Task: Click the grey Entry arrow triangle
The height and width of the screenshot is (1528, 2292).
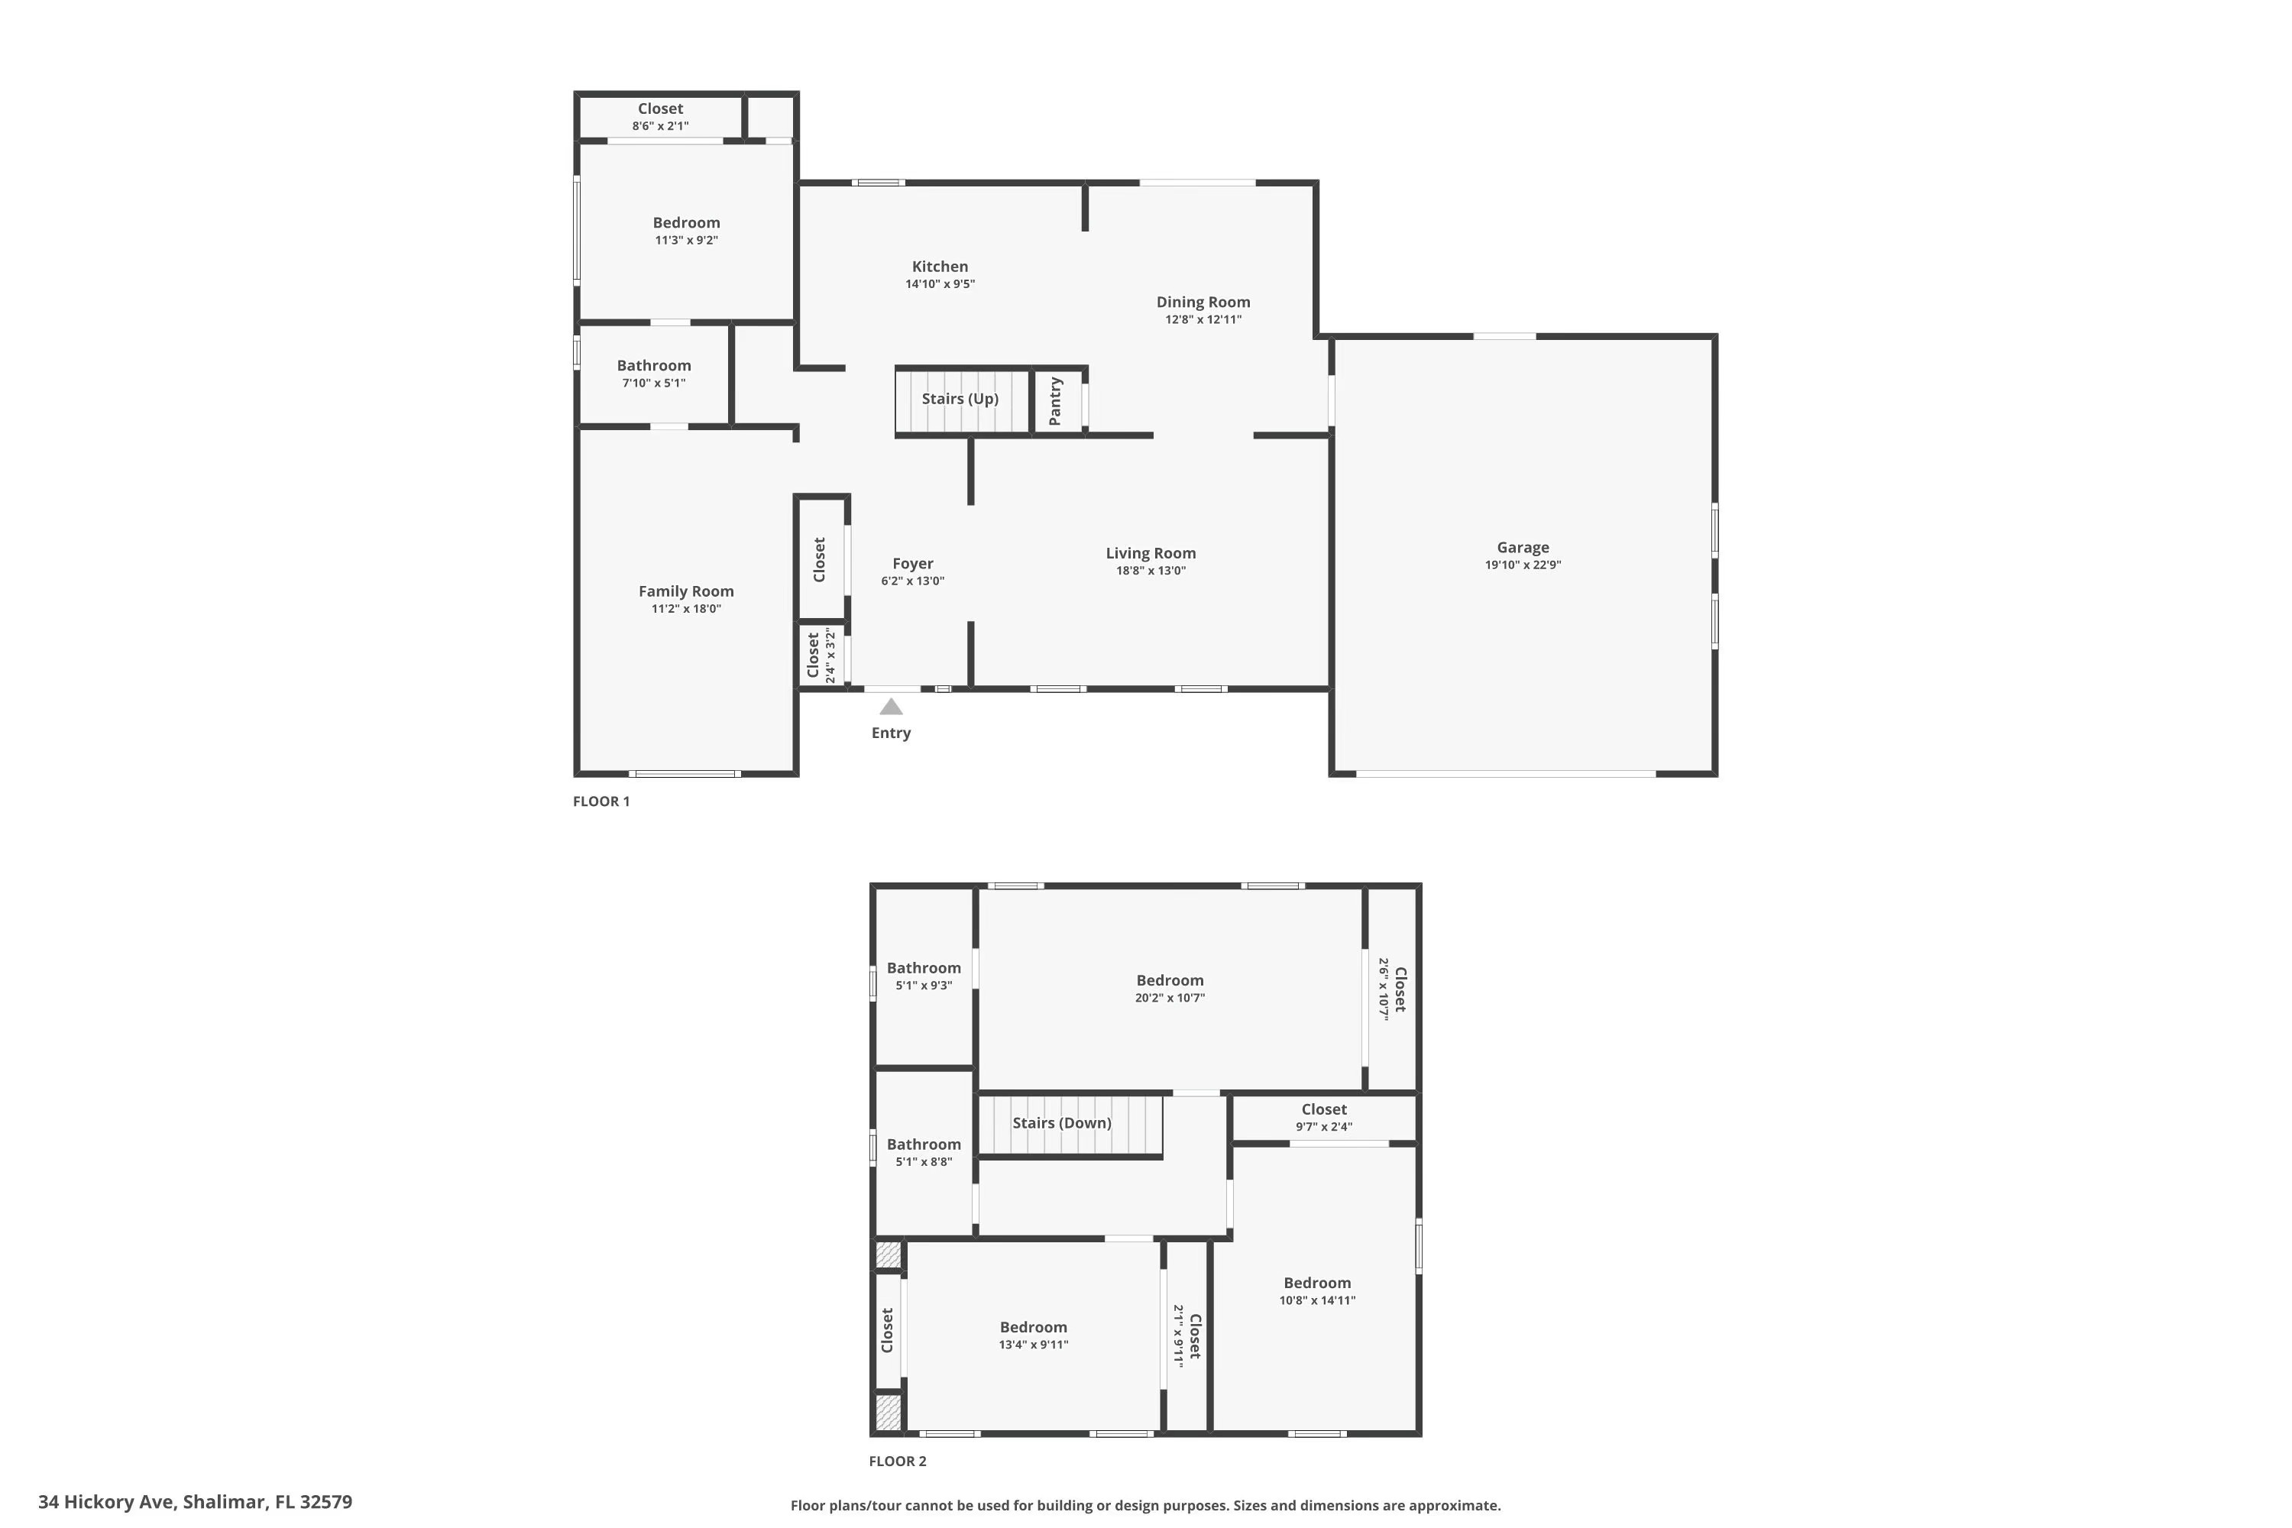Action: pos(891,707)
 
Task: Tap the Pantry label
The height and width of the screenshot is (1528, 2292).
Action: pos(1054,400)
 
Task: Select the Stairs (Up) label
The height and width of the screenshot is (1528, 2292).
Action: pos(960,399)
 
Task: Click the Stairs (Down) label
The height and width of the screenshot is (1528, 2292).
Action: pos(1061,1122)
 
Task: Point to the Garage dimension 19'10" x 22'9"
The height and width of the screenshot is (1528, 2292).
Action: pos(1522,565)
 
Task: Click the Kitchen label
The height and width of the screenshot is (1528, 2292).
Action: pos(940,266)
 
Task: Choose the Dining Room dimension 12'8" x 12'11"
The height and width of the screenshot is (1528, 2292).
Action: pos(1203,319)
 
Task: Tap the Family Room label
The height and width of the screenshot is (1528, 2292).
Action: pos(686,591)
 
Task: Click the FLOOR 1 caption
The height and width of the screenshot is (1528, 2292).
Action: pos(601,801)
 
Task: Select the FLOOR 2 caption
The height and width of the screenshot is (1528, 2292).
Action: pos(898,1461)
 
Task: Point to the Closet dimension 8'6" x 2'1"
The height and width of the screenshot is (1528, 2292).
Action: pos(660,126)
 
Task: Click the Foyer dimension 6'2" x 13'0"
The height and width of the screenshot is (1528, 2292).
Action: pos(912,581)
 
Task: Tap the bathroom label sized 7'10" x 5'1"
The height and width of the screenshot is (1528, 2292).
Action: pos(654,365)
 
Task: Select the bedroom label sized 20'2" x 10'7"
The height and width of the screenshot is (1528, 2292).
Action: pos(1170,980)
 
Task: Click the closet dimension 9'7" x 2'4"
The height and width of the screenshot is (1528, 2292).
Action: pos(1323,1126)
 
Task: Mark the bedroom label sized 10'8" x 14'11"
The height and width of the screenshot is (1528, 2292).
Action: pos(1316,1283)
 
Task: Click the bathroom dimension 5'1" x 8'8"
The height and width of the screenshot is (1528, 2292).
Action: pos(924,1161)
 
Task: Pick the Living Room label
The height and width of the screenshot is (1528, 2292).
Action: pos(1150,553)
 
